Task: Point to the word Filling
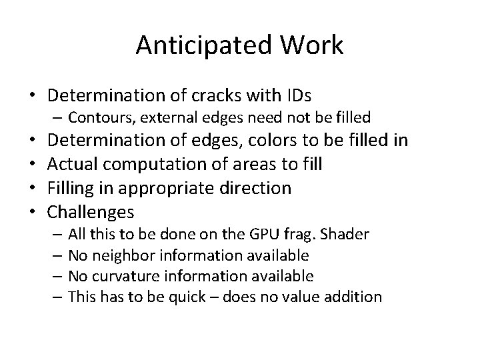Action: (72, 189)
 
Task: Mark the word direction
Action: (255, 189)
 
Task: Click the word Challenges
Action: (91, 212)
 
